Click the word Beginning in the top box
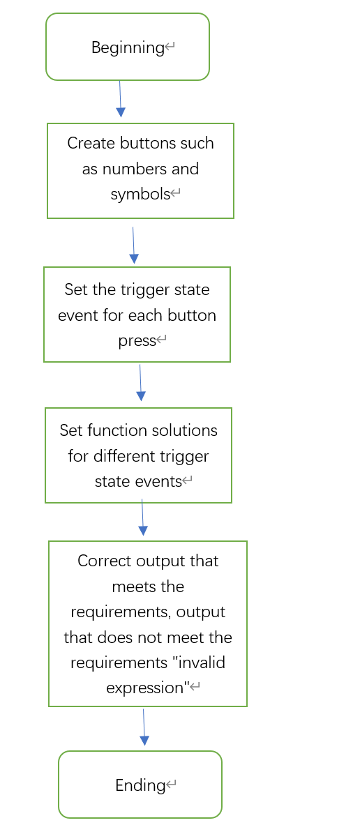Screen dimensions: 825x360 (128, 48)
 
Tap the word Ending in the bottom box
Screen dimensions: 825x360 (140, 785)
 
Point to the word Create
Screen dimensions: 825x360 (91, 144)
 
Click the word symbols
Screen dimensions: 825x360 (140, 195)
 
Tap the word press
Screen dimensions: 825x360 (137, 341)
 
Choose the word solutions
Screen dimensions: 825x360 (182, 430)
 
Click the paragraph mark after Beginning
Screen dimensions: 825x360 (170, 48)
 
